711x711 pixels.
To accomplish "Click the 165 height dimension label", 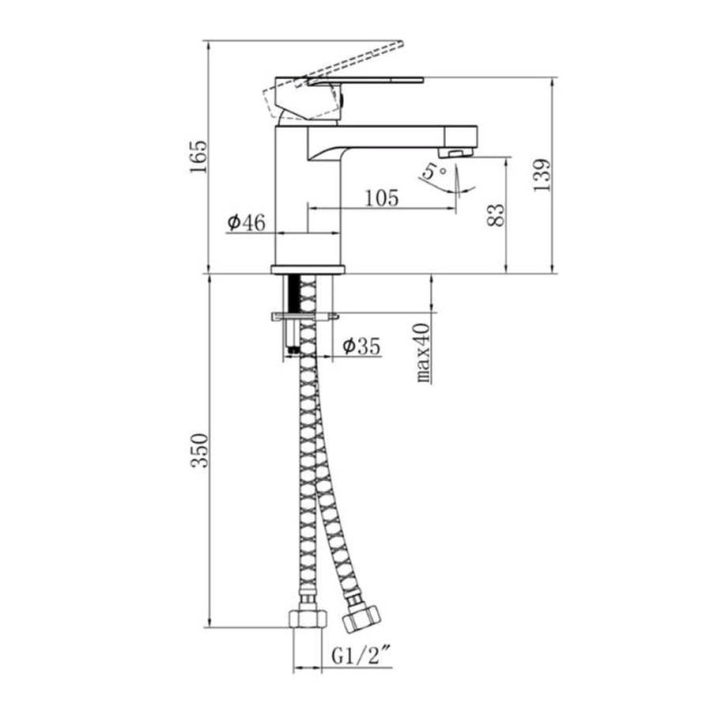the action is [x=198, y=157].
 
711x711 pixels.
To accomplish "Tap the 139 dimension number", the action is [x=542, y=175].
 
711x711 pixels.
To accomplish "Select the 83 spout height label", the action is [x=495, y=215].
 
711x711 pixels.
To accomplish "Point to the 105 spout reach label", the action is [x=382, y=197].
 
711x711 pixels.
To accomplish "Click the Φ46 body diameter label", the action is [x=246, y=222].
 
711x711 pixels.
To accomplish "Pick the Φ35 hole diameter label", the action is [x=361, y=347].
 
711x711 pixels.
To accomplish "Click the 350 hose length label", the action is [x=199, y=451].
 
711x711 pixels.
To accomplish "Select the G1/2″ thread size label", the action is [x=361, y=656].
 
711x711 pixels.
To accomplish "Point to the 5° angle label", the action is [x=434, y=172].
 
